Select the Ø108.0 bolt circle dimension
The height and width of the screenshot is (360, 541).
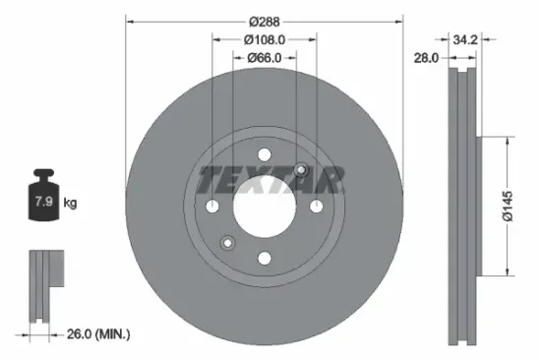(264, 40)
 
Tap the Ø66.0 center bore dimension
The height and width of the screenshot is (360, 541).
(264, 58)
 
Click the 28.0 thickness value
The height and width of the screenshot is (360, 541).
(426, 58)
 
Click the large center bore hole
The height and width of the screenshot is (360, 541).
(265, 207)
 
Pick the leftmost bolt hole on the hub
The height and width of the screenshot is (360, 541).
(213, 207)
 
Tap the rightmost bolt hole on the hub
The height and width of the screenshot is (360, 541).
(316, 207)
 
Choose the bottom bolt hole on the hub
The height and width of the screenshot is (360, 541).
(265, 258)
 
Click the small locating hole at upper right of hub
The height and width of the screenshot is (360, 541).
(301, 171)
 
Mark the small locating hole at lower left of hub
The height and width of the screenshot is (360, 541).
(228, 242)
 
